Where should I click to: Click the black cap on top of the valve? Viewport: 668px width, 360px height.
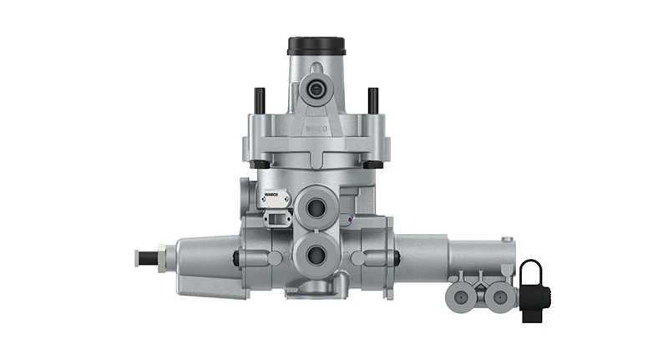pyautogui.click(x=316, y=45)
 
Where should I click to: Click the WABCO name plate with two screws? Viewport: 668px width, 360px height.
pyautogui.click(x=275, y=200)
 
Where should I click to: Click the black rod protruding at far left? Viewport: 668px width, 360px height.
pyautogui.click(x=144, y=256)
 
